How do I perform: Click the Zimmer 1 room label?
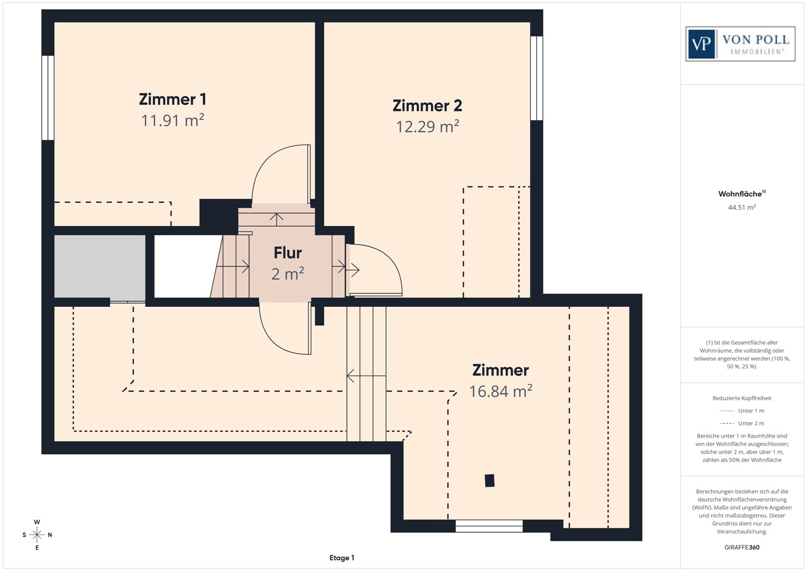(172, 100)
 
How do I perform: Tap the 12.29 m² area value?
(427, 126)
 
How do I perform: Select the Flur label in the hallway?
(287, 252)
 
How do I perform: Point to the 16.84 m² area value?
(500, 391)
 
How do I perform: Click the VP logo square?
(701, 44)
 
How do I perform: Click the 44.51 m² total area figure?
(741, 207)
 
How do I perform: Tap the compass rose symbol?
(37, 534)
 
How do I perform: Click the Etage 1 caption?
(342, 558)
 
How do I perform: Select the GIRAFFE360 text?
(742, 547)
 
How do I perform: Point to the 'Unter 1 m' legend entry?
(742, 411)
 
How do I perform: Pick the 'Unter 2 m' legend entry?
(742, 424)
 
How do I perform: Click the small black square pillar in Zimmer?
(489, 480)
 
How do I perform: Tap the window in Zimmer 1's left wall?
(48, 97)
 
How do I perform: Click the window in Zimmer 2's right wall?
(536, 78)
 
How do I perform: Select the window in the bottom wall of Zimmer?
(489, 526)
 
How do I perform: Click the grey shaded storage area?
(100, 266)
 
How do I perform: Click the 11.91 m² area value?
(172, 120)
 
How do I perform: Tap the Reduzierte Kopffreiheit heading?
(741, 398)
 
